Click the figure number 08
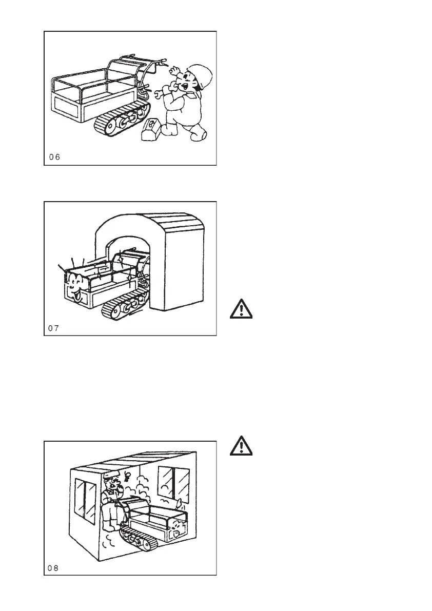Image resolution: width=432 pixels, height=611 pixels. click(x=54, y=567)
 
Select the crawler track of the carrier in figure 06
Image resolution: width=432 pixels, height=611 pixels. click(x=124, y=119)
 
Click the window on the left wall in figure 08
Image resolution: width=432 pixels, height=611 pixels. click(x=85, y=501)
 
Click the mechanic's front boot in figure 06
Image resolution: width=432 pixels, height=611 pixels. click(x=198, y=135)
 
